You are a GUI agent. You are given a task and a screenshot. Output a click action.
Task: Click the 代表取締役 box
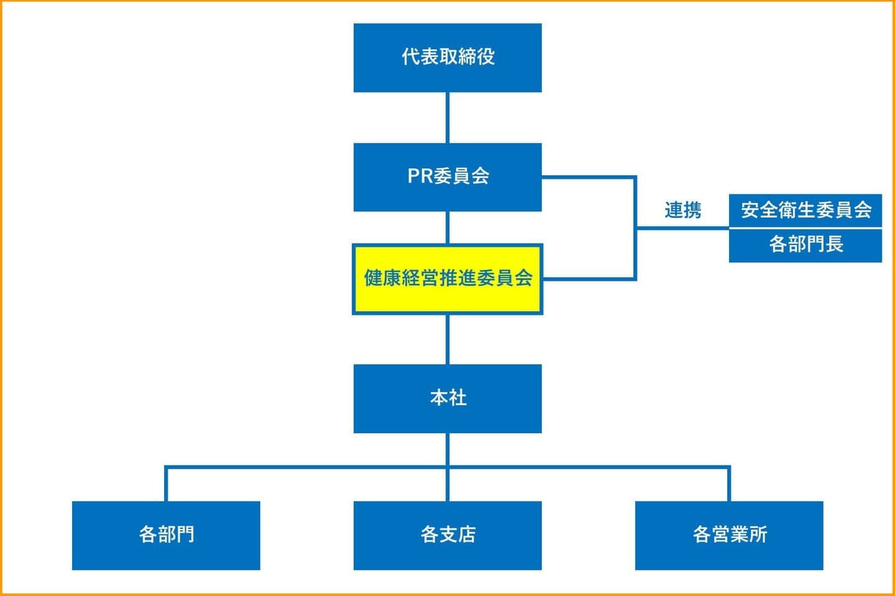tap(447, 58)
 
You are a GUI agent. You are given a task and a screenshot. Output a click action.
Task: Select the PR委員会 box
tap(447, 177)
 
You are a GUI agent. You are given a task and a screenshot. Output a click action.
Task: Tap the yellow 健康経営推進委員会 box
tap(447, 279)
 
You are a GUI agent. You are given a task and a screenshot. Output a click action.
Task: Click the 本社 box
tap(447, 398)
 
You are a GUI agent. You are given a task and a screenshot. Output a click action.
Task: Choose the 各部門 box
tap(166, 535)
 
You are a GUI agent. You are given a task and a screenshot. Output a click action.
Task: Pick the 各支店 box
tap(447, 535)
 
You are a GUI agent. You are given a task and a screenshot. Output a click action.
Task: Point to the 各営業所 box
tap(729, 535)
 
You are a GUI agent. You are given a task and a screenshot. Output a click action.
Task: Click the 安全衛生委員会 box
tap(805, 211)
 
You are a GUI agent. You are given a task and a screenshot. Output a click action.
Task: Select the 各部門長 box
tap(805, 245)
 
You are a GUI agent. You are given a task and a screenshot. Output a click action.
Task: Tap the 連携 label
tap(682, 211)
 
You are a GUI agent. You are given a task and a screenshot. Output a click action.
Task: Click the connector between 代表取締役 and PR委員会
tap(447, 117)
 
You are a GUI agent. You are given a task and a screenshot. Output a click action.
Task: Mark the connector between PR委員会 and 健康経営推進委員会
tap(447, 227)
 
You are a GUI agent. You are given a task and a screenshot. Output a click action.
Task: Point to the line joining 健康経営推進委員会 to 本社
tap(447, 339)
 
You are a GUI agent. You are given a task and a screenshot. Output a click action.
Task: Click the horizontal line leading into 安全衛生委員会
tap(682, 228)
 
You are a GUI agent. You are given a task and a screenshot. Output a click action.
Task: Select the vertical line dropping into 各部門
tap(166, 484)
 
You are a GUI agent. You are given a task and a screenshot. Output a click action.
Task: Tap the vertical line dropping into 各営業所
tap(729, 484)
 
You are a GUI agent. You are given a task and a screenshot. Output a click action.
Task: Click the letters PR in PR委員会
tap(420, 177)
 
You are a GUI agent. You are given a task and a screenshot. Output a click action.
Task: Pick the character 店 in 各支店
tap(467, 534)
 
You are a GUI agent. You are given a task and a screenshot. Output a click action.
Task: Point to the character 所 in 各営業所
tap(758, 534)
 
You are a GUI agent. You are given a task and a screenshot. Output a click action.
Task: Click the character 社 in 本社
tap(457, 398)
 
